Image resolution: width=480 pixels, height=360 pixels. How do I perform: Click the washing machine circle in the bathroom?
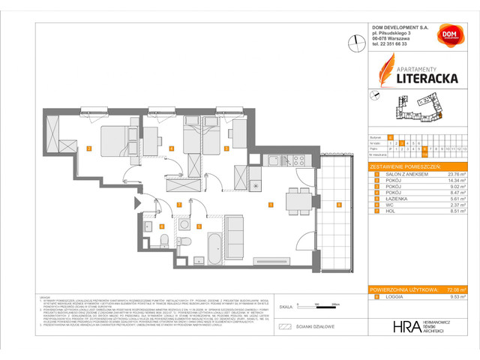184,223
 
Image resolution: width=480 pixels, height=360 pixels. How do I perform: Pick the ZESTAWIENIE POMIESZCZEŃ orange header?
409,166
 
